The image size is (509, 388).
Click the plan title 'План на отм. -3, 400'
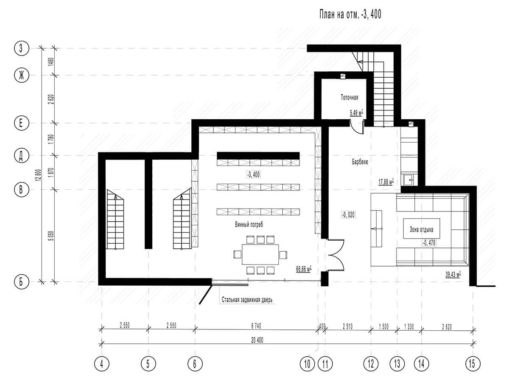(350, 14)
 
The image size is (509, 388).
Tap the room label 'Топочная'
(349, 97)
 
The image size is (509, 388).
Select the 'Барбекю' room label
(360, 162)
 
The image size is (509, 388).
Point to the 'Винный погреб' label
(249, 225)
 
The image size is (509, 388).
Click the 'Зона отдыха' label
(421, 230)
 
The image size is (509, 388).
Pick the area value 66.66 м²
(304, 269)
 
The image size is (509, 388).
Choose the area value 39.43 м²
(453, 274)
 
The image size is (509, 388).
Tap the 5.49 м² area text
(356, 113)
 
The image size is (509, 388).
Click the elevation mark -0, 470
(429, 243)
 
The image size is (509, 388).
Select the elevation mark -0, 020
(348, 215)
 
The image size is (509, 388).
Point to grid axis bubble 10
(307, 364)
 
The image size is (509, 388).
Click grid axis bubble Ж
(22, 75)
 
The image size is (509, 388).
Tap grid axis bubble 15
(473, 364)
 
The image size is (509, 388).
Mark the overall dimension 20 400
(257, 340)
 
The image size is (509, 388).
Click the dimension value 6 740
(256, 326)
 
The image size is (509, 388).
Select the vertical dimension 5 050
(51, 236)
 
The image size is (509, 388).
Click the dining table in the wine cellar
(260, 254)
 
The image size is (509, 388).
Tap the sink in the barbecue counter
(409, 180)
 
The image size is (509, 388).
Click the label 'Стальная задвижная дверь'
(247, 300)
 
